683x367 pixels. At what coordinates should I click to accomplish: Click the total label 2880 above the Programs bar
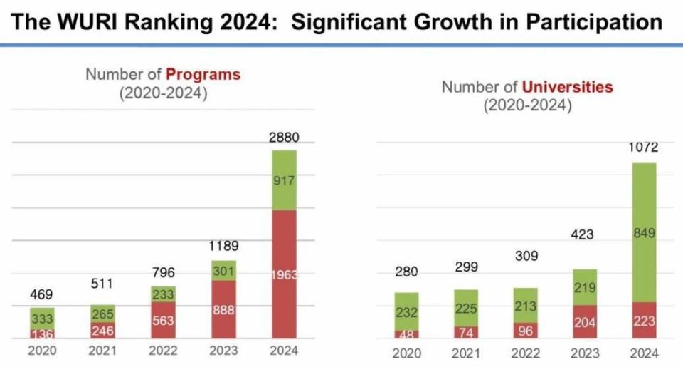point(283,138)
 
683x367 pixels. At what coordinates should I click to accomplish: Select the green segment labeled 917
point(284,181)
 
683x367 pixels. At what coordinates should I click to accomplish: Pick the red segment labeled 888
point(223,310)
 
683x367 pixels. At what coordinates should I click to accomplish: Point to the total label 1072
point(643,148)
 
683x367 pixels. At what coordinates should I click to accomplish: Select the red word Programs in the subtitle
point(203,74)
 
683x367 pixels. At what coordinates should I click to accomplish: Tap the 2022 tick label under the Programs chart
point(163,351)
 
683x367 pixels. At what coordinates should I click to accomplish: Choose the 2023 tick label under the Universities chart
point(584,353)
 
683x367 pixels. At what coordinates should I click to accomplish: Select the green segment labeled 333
point(42,319)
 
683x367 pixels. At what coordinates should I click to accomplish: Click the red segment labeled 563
point(163,320)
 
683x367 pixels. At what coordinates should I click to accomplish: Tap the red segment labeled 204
point(584,322)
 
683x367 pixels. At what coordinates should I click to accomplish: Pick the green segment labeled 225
point(466,308)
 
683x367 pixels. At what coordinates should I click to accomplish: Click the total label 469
point(42,294)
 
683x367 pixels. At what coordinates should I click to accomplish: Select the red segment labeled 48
point(407,334)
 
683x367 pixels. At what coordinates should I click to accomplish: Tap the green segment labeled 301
point(223,271)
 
